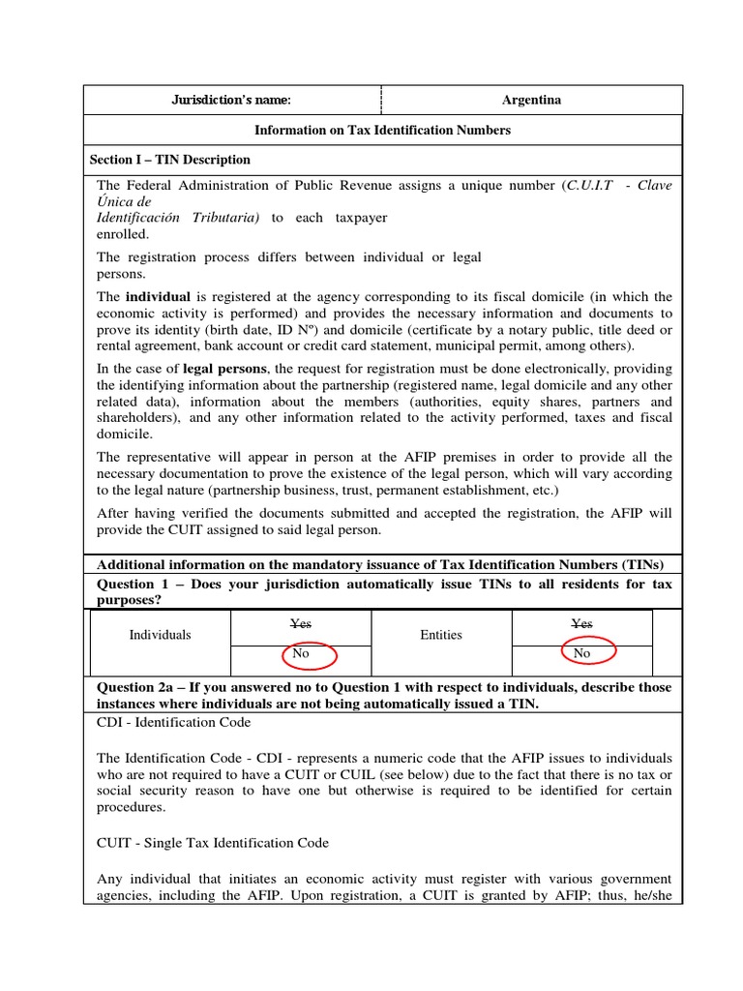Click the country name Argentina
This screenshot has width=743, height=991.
point(531,100)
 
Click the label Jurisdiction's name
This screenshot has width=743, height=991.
point(230,100)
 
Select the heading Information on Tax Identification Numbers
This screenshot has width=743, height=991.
point(382,130)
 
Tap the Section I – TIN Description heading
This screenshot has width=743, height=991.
point(169,160)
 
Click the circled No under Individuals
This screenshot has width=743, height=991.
point(301,654)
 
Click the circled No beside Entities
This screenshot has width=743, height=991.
point(581,654)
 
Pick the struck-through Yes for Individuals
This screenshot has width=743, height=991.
point(301,624)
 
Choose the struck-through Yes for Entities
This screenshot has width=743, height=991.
point(581,624)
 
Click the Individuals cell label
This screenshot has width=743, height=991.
point(161,636)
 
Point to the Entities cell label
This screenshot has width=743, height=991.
point(441,636)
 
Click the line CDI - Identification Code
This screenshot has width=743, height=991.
point(174,722)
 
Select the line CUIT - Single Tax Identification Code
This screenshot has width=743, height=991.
point(213,843)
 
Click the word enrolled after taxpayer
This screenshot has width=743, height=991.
point(123,233)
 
